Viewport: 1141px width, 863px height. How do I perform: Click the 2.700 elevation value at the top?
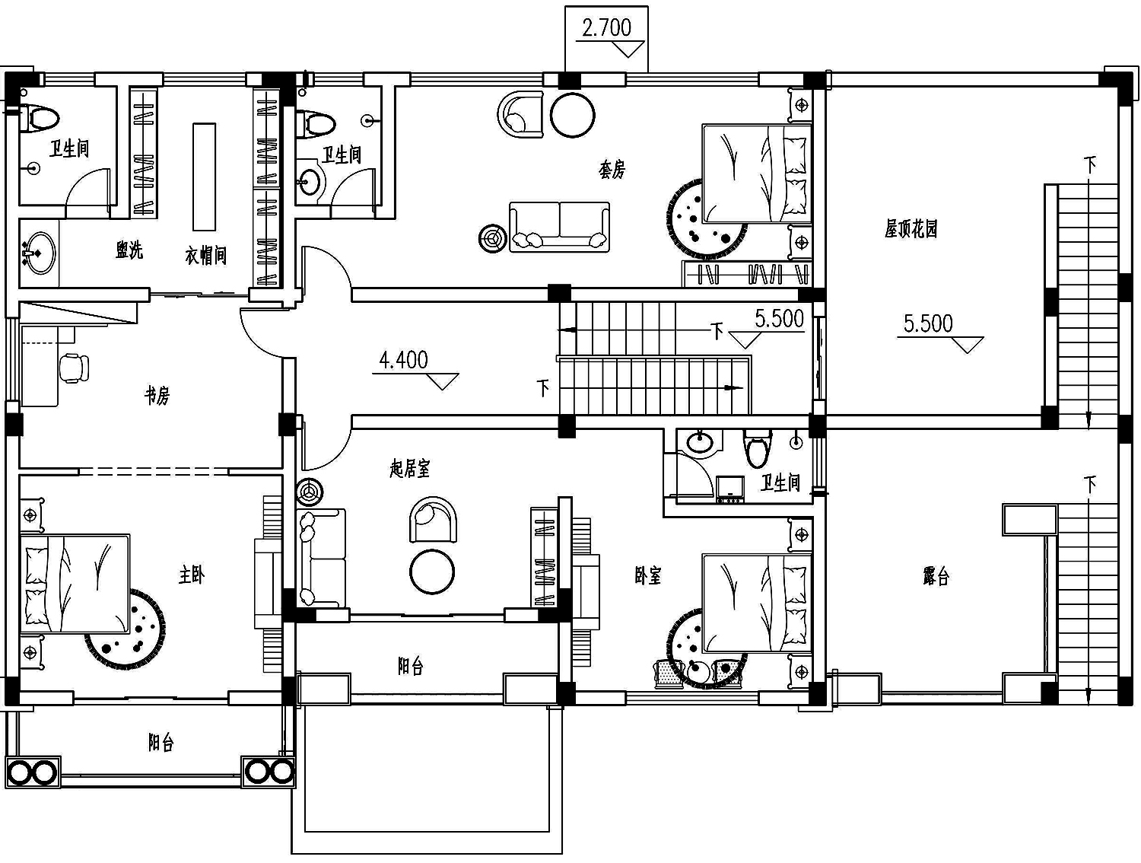click(606, 28)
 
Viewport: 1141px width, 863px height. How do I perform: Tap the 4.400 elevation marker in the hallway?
click(403, 360)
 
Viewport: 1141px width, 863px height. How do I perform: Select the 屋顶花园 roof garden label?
click(911, 228)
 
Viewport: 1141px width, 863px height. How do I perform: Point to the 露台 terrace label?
click(936, 576)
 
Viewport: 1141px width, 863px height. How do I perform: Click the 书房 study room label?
click(157, 396)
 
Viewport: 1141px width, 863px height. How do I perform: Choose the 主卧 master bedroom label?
click(191, 575)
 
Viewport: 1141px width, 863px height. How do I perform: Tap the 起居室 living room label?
click(409, 469)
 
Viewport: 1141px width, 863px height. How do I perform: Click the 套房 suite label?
click(612, 170)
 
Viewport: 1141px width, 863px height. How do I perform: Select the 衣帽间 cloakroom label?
click(206, 256)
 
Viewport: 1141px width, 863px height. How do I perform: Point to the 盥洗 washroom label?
click(129, 250)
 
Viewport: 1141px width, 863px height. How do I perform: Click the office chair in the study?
click(74, 368)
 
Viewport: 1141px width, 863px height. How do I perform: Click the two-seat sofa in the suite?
click(559, 228)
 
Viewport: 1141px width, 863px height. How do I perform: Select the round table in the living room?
click(432, 572)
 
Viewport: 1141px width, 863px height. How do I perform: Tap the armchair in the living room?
click(434, 519)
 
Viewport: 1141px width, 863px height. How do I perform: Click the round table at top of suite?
click(572, 115)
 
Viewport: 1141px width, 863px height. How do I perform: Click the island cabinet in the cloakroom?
click(204, 177)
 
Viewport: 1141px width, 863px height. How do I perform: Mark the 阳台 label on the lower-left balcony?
click(161, 743)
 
